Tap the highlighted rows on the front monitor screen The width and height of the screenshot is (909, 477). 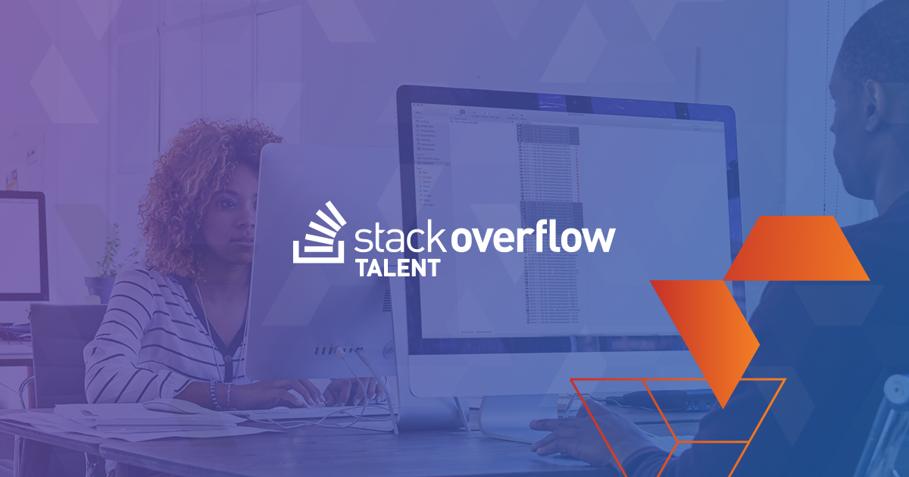(x=547, y=136)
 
